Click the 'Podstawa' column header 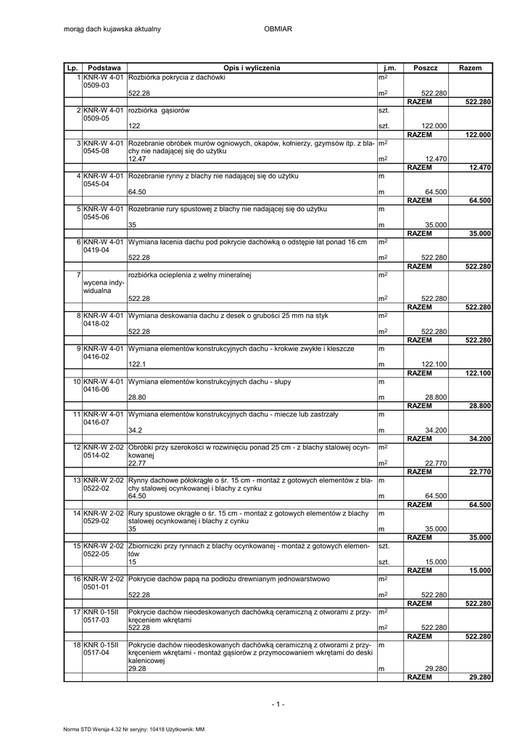tap(104, 67)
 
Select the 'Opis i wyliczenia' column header tap(252, 67)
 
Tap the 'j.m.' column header tap(390, 67)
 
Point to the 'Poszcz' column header tap(426, 67)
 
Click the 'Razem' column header tap(470, 67)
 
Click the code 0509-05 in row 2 tap(96, 118)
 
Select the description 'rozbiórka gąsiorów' tap(159, 110)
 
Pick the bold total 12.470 tap(480, 168)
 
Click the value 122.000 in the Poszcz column tap(434, 126)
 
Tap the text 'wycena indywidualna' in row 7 tap(104, 287)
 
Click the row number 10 tap(75, 381)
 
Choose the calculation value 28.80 tap(139, 398)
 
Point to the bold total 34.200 tap(480, 439)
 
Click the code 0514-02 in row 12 tap(96, 455)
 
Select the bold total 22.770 tap(480, 472)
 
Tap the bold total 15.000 tap(480, 570)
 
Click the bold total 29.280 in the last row tap(480, 677)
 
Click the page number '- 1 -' tap(278, 705)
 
